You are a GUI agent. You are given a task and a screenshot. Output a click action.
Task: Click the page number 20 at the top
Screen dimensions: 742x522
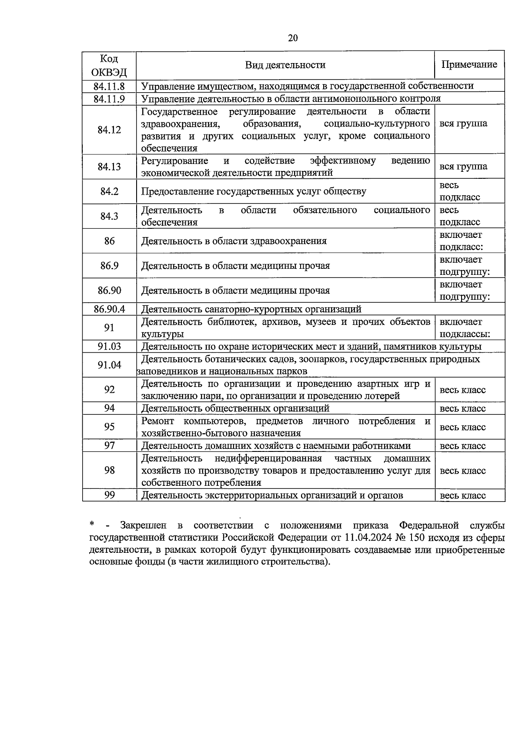coord(293,38)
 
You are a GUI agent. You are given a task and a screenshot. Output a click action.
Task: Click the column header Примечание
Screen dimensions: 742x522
coord(469,64)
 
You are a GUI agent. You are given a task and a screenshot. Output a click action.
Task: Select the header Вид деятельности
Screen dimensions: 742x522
coord(285,65)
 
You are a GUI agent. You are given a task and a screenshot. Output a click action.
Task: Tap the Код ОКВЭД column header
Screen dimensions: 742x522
coord(109,65)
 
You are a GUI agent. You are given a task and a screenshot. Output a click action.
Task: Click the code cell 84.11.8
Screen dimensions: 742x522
coord(109,86)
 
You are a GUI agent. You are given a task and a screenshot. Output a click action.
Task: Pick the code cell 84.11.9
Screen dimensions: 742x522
coord(109,99)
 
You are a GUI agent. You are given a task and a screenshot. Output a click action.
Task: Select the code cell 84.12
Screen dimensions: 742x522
coord(109,130)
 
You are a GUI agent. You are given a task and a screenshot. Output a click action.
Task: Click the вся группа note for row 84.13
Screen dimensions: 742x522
coord(463,167)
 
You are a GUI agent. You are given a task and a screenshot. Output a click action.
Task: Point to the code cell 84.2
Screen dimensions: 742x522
coord(109,191)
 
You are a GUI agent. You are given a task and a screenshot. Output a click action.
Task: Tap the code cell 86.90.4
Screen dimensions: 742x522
coord(109,309)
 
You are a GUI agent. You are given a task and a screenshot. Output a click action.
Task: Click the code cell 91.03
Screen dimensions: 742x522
coord(109,347)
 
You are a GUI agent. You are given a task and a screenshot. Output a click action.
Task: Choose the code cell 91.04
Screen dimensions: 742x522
coord(109,365)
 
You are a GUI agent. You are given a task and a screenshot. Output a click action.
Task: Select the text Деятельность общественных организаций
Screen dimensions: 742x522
coord(235,408)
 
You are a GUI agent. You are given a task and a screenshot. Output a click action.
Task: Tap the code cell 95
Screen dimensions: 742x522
coord(109,427)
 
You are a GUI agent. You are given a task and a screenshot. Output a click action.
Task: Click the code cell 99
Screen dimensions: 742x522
coord(109,495)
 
